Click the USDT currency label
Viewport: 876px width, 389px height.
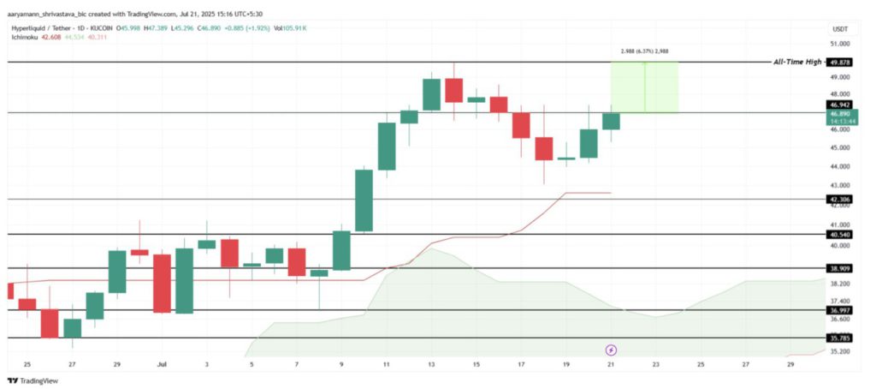(x=839, y=29)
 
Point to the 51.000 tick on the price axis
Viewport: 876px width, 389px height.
(x=840, y=44)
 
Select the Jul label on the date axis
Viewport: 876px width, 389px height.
(x=162, y=364)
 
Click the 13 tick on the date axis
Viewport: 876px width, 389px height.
(x=430, y=364)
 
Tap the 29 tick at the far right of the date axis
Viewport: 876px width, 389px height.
(x=790, y=364)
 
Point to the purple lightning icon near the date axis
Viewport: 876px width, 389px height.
(x=611, y=350)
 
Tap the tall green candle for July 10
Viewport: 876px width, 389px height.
(x=364, y=200)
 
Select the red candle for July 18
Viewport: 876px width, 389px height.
(x=543, y=148)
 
